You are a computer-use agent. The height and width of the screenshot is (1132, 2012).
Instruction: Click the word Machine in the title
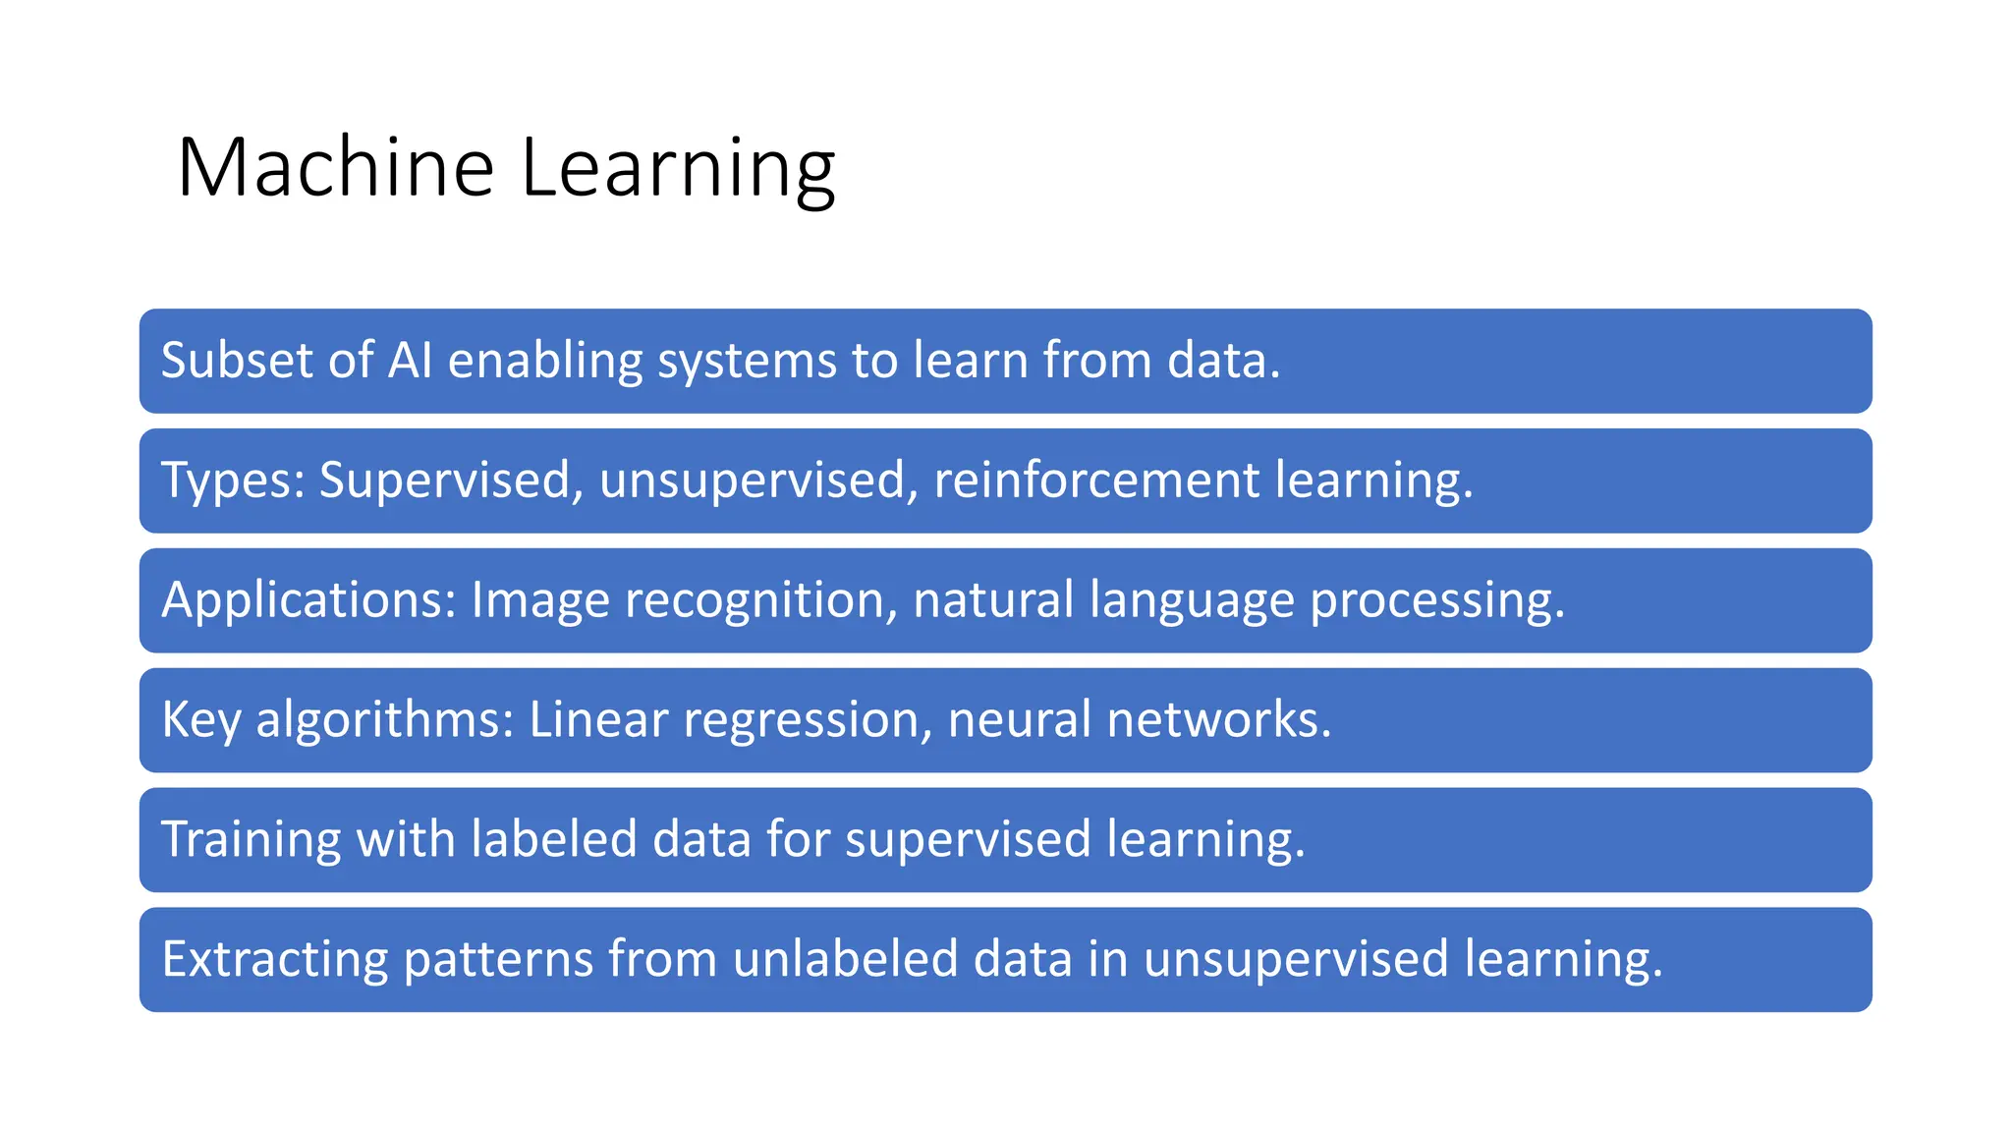pyautogui.click(x=335, y=168)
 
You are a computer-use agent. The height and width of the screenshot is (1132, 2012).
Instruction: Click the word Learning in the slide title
pyautogui.click(x=678, y=168)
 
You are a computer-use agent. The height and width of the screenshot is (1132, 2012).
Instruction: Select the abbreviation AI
pyautogui.click(x=410, y=360)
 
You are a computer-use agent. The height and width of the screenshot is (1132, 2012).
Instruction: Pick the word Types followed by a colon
pyautogui.click(x=233, y=481)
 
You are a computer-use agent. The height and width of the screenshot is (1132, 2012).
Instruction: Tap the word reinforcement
pyautogui.click(x=1096, y=480)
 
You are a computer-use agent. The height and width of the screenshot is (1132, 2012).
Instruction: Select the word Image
pyautogui.click(x=540, y=601)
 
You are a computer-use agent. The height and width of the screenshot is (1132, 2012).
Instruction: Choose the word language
pyautogui.click(x=1192, y=601)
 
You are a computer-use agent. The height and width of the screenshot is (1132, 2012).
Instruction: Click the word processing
pyautogui.click(x=1436, y=601)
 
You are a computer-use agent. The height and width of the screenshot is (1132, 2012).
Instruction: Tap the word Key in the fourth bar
pyautogui.click(x=200, y=720)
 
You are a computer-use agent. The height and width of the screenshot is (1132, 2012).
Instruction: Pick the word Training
pyautogui.click(x=251, y=840)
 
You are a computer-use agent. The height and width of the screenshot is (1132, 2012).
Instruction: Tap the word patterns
pyautogui.click(x=498, y=960)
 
